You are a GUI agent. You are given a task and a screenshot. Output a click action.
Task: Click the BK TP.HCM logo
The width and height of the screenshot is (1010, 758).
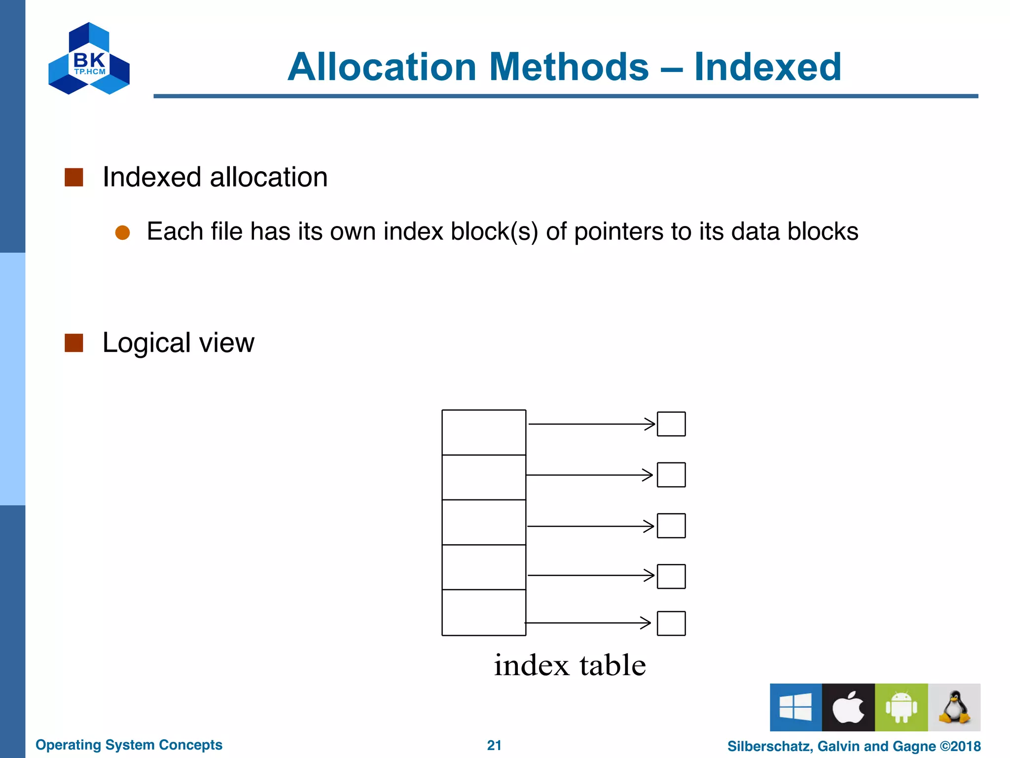(89, 59)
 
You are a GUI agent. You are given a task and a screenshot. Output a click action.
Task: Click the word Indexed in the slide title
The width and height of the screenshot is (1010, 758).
(767, 67)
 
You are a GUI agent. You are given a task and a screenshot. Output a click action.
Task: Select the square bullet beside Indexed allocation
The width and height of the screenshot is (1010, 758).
(74, 177)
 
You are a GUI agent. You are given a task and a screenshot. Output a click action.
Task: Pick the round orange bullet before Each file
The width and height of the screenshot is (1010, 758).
(122, 232)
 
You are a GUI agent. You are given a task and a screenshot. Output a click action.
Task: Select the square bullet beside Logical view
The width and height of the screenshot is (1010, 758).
(74, 343)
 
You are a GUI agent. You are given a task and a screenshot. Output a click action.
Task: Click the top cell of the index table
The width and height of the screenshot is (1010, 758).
(484, 432)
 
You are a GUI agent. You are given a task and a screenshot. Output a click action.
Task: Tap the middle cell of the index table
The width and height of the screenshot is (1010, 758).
(484, 522)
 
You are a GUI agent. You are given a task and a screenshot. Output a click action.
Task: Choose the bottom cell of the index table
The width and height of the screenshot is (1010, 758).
(484, 612)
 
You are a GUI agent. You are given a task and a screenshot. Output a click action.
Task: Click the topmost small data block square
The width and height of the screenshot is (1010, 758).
(671, 424)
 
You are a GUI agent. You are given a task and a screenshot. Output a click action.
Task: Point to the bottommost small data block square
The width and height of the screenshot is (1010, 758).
(671, 623)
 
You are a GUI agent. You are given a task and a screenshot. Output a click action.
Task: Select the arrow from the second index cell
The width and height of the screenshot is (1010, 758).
(590, 475)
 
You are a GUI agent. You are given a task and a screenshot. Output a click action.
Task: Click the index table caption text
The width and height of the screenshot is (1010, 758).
(570, 665)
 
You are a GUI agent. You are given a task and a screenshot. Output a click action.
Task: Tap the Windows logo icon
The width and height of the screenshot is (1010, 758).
(795, 707)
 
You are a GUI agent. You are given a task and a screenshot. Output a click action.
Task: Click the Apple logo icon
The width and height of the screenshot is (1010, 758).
(848, 707)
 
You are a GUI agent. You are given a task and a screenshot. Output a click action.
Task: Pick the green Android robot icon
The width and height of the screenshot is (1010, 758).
(901, 707)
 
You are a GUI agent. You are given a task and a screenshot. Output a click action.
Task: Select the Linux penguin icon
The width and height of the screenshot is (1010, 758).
(954, 707)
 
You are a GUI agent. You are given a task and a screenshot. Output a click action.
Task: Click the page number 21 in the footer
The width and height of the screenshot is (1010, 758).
(494, 745)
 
